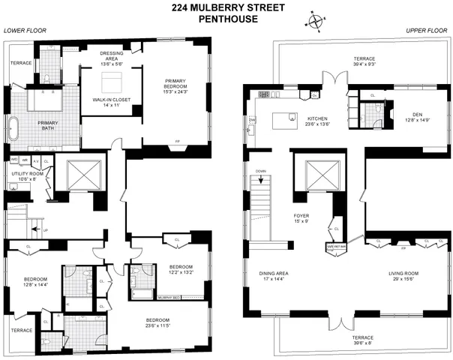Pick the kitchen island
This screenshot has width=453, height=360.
(x=284, y=118)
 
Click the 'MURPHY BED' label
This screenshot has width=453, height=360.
(x=166, y=297)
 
